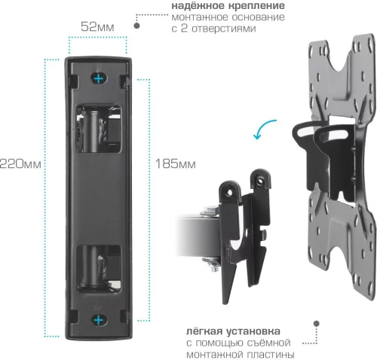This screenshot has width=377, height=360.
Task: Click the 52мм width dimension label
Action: pyautogui.click(x=97, y=26)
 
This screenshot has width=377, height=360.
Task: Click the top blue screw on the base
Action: pyautogui.click(x=98, y=78)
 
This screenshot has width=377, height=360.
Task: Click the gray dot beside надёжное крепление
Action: pyautogui.click(x=137, y=25)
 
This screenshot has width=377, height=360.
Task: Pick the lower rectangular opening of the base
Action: pyautogui.click(x=98, y=267)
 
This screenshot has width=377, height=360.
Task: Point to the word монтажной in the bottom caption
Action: pyautogui.click(x=215, y=355)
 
